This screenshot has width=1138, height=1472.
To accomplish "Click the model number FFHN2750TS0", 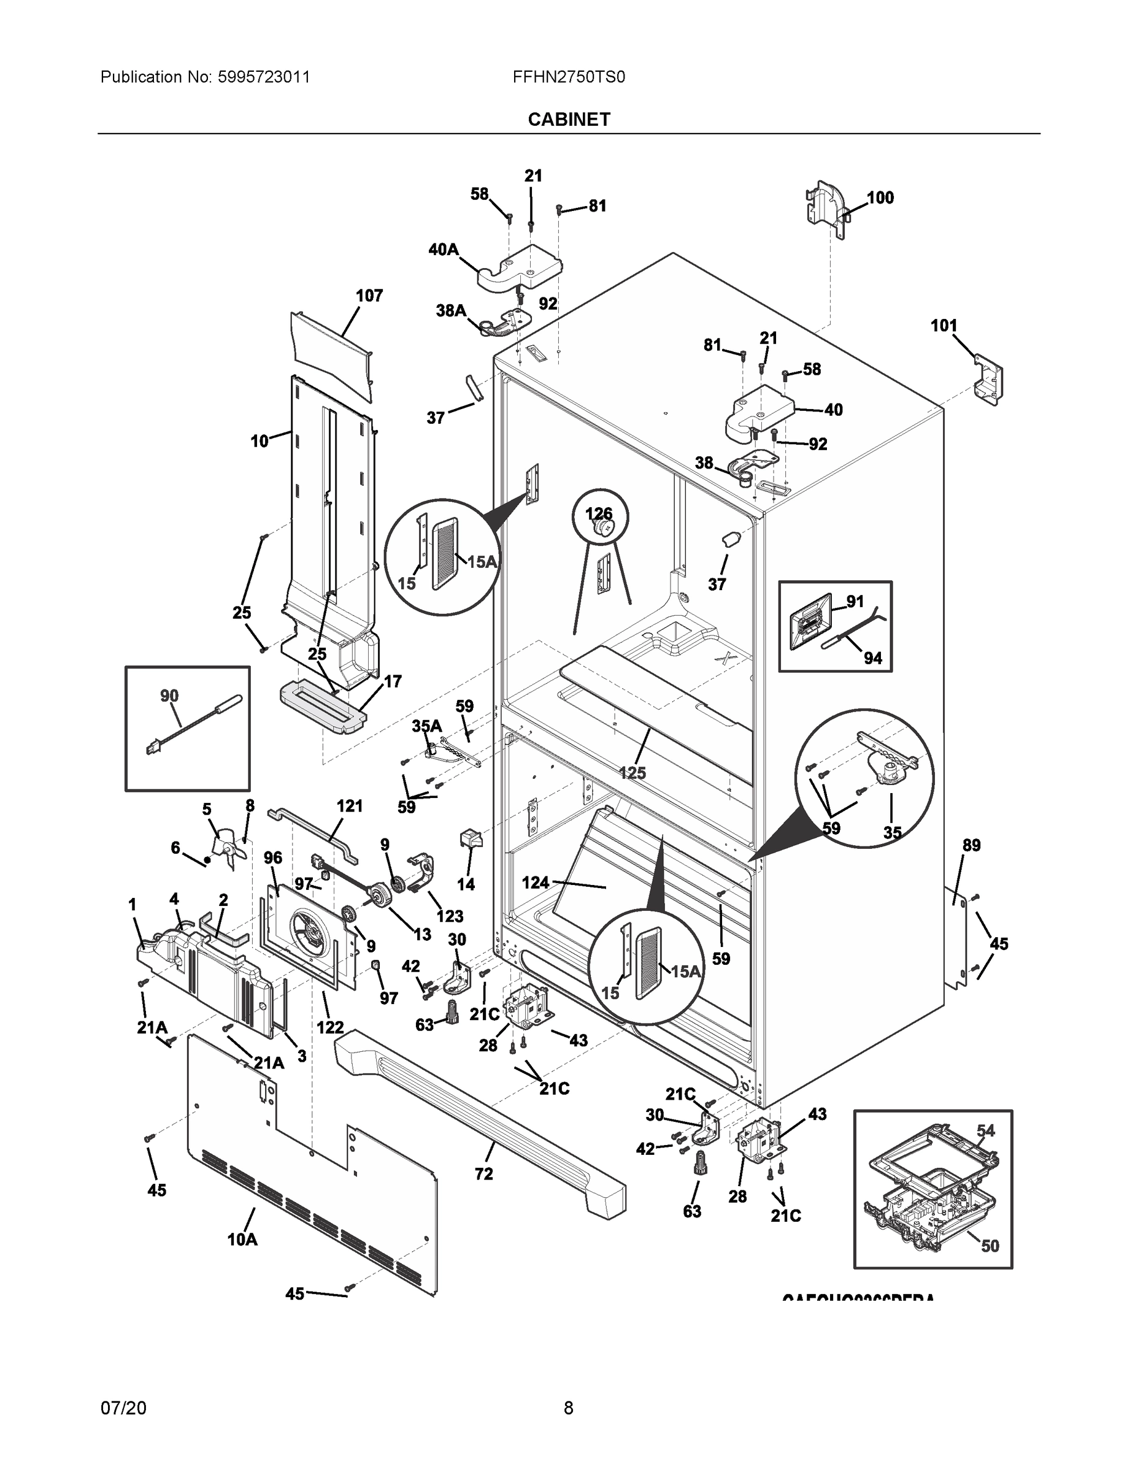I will pyautogui.click(x=568, y=77).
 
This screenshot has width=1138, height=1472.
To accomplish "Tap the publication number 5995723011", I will pyautogui.click(x=264, y=77).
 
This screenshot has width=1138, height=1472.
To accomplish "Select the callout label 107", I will pyautogui.click(x=369, y=295).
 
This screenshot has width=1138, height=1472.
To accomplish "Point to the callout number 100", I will pyautogui.click(x=880, y=197).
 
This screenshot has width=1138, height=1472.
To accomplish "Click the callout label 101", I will pyautogui.click(x=944, y=326).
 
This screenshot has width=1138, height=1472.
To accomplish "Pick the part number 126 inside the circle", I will pyautogui.click(x=598, y=514).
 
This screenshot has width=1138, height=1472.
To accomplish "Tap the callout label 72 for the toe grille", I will pyautogui.click(x=483, y=1173).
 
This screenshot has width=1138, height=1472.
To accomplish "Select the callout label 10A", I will pyautogui.click(x=242, y=1239).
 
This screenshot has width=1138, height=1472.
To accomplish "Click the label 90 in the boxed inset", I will pyautogui.click(x=169, y=696).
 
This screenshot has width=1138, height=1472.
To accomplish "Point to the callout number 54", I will pyautogui.click(x=985, y=1130).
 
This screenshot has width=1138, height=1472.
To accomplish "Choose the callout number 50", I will pyautogui.click(x=989, y=1246).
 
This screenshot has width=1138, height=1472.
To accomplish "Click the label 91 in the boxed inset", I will pyautogui.click(x=855, y=601).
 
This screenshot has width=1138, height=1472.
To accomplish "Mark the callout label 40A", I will pyautogui.click(x=443, y=250).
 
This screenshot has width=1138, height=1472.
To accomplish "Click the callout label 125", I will pyautogui.click(x=632, y=773).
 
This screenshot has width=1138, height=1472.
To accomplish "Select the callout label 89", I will pyautogui.click(x=971, y=845).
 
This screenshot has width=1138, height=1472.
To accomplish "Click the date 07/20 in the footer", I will pyautogui.click(x=123, y=1408).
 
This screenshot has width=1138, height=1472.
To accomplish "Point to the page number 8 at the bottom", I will pyautogui.click(x=568, y=1408).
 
